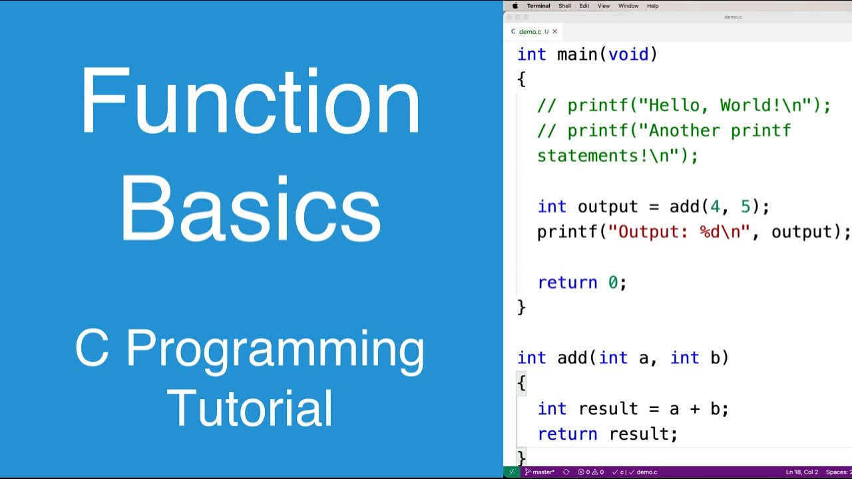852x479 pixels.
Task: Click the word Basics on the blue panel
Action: [x=250, y=208]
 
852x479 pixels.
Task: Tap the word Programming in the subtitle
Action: [x=275, y=350]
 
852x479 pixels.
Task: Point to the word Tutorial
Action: [x=250, y=407]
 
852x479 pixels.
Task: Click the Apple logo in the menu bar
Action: [x=515, y=6]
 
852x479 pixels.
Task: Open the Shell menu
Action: [x=564, y=6]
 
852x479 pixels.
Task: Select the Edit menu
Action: [x=584, y=6]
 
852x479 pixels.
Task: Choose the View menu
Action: [x=604, y=6]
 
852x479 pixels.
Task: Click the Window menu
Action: [x=628, y=6]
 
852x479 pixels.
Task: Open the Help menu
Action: [x=653, y=6]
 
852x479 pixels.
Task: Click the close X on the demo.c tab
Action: [x=554, y=31]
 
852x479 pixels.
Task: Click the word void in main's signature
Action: [x=628, y=55]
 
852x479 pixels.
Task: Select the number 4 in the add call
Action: [x=715, y=207]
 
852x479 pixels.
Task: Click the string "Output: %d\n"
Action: [x=679, y=232]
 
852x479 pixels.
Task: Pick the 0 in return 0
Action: [x=613, y=283]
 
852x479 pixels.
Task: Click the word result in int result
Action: [x=608, y=409]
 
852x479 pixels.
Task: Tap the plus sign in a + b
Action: [x=695, y=409]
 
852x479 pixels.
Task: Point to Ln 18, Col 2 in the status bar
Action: [x=801, y=472]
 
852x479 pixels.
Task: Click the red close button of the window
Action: [x=509, y=17]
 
